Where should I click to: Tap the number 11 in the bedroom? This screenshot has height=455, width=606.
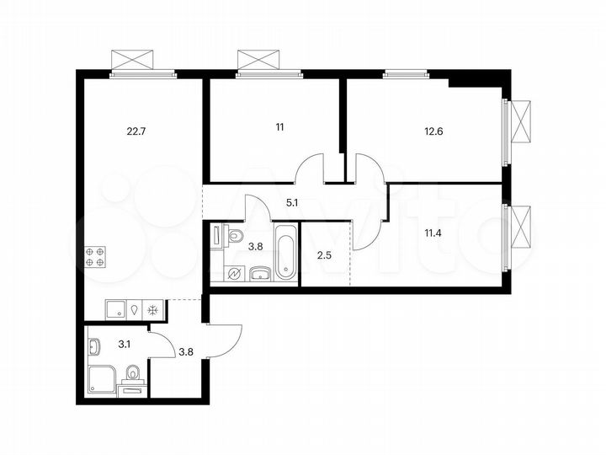[279, 127]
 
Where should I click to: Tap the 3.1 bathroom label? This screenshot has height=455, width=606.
[124, 343]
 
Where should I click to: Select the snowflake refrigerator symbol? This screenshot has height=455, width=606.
[152, 310]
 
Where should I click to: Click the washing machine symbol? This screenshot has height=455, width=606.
[236, 273]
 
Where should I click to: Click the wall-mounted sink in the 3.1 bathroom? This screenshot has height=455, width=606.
[93, 344]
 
